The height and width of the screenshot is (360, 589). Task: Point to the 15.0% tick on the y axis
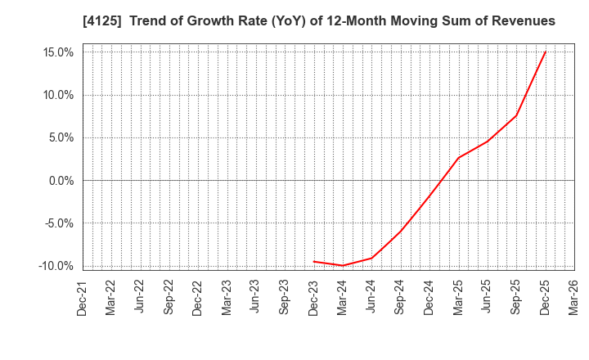[56, 52]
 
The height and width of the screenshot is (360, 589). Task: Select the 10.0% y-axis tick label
[56, 95]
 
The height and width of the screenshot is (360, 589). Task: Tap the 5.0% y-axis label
[60, 137]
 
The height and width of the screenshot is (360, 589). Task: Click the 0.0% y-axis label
[60, 181]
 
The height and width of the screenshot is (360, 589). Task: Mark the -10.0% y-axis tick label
[55, 266]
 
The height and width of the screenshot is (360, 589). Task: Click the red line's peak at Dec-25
[545, 52]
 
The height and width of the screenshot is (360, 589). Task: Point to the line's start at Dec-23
[314, 262]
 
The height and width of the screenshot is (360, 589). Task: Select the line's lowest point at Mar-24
[343, 265]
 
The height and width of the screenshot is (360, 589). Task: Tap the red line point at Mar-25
[458, 158]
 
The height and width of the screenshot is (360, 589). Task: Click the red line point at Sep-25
[516, 115]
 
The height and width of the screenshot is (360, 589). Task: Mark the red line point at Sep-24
[401, 231]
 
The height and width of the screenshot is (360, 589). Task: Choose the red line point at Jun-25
[488, 142]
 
